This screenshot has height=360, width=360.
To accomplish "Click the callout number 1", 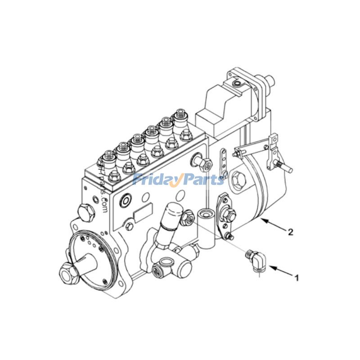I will (297, 278).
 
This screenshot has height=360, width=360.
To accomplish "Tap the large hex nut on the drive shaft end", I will (66, 272).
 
